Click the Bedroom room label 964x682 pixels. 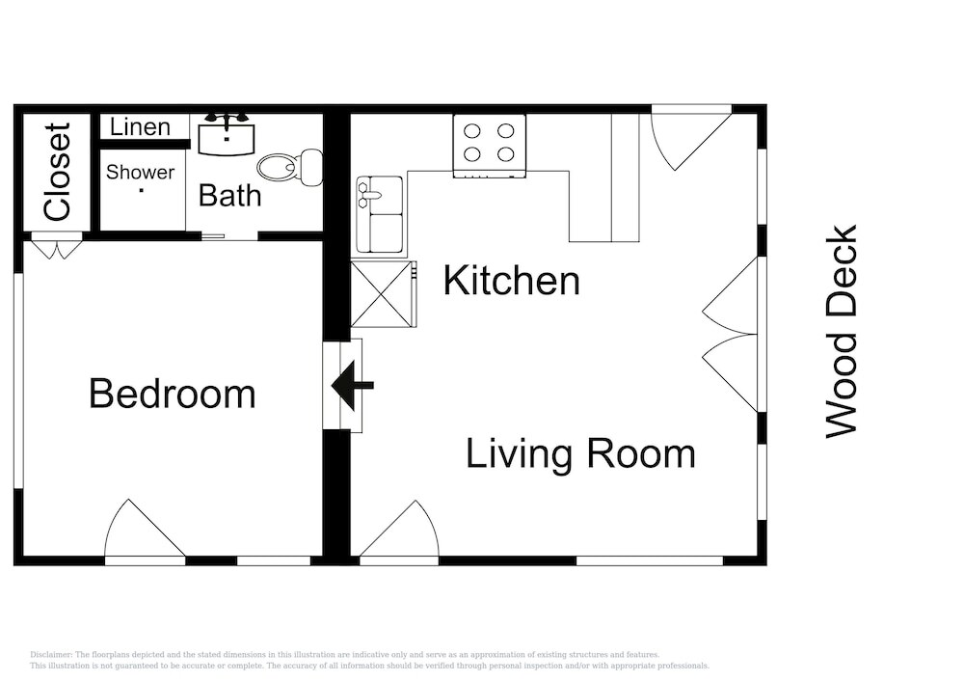pyautogui.click(x=173, y=394)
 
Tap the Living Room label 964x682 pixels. pyautogui.click(x=580, y=453)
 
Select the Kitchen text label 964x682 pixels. pyautogui.click(x=512, y=281)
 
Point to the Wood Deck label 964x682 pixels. pyautogui.click(x=841, y=332)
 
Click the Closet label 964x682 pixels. pyautogui.click(x=58, y=172)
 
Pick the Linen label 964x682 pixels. pyautogui.click(x=140, y=127)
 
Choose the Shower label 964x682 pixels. pyautogui.click(x=140, y=173)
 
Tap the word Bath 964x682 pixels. pyautogui.click(x=230, y=196)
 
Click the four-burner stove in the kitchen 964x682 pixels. pyautogui.click(x=490, y=146)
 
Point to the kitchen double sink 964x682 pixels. pyautogui.click(x=380, y=214)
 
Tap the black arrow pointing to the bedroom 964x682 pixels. pyautogui.click(x=352, y=386)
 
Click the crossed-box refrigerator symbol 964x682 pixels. pyautogui.click(x=381, y=294)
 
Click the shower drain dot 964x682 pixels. pyautogui.click(x=142, y=191)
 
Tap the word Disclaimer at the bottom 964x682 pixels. pyautogui.click(x=51, y=655)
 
